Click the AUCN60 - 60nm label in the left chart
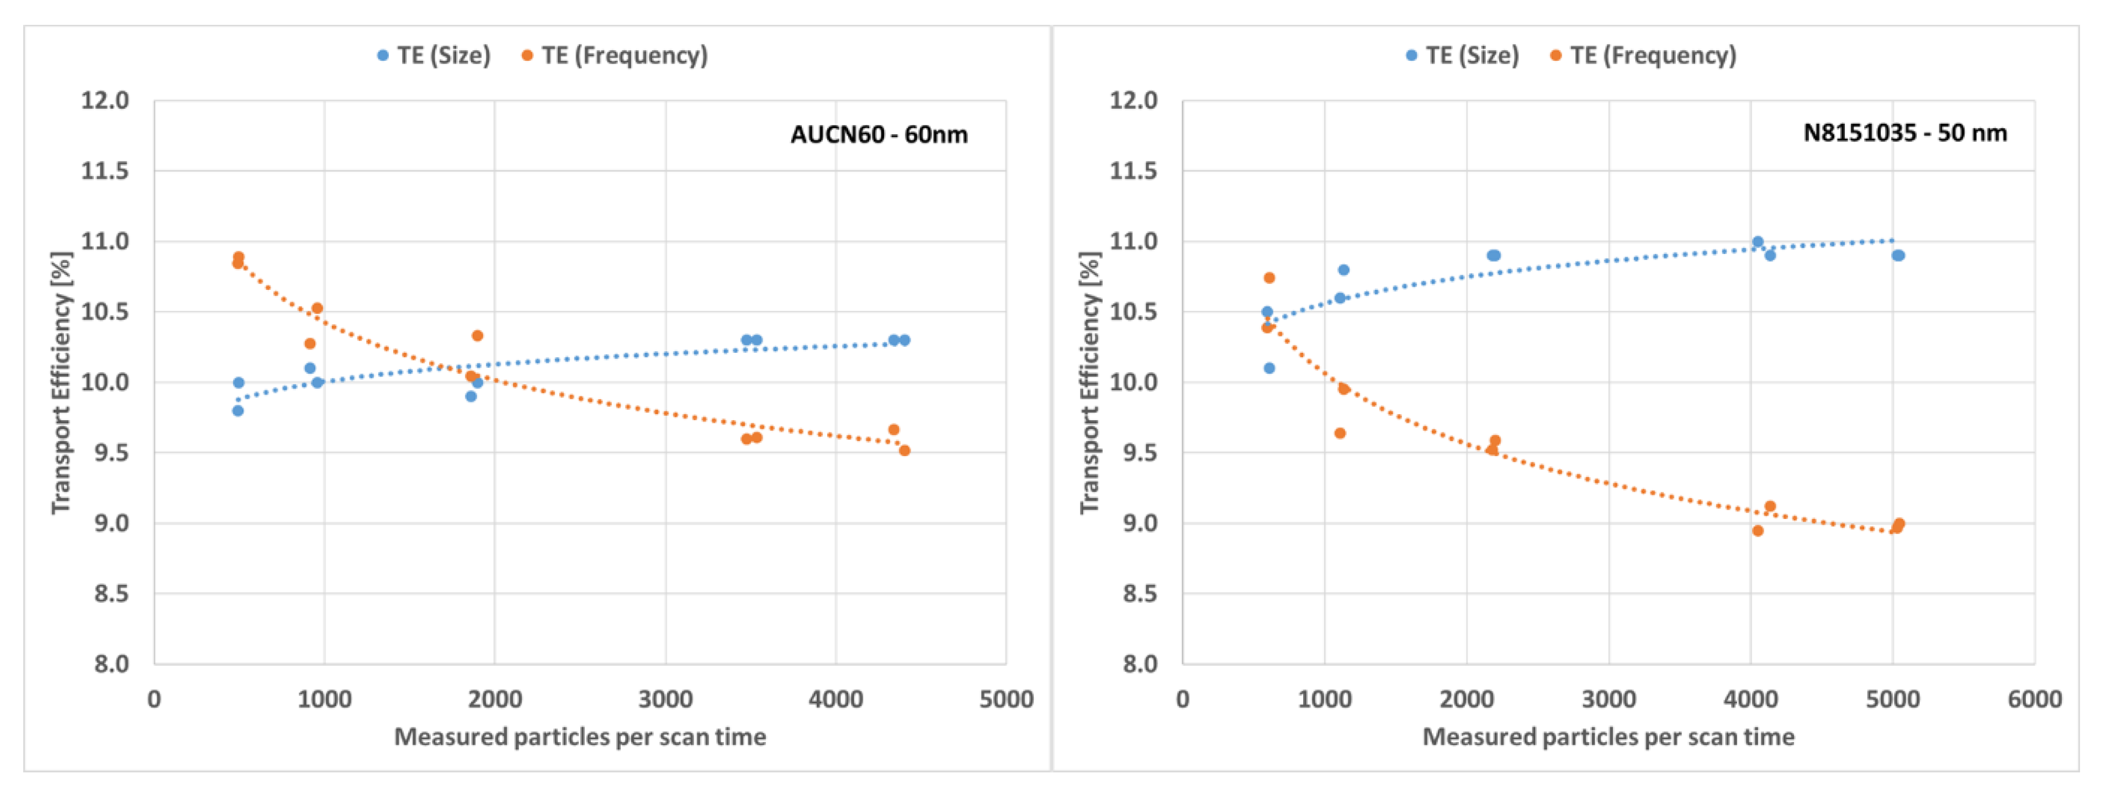pos(879,134)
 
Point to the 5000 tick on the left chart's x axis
pos(1006,700)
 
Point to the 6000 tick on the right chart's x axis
pos(2034,700)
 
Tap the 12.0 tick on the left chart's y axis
pos(105,100)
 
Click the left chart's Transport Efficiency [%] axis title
pos(61,383)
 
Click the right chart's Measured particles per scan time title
pos(1607,737)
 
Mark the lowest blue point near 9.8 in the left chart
pos(238,410)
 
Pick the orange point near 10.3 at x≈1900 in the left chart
pos(478,336)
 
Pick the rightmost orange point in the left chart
pos(904,451)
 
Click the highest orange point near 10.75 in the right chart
pos(1269,278)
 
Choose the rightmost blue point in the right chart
pos(1898,256)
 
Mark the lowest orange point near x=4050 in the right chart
pos(1758,531)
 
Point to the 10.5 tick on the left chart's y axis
pos(105,311)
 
